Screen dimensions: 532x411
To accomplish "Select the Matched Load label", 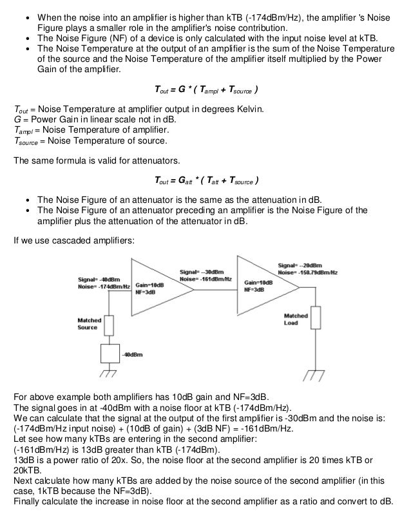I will pos(296,319).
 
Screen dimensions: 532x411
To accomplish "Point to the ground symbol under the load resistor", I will pos(314,374).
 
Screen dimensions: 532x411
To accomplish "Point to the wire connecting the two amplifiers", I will pos(216,290).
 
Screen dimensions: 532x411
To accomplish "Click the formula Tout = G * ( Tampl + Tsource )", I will pos(205,88).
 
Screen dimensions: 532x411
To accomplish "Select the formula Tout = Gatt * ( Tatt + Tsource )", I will pos(205,178).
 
